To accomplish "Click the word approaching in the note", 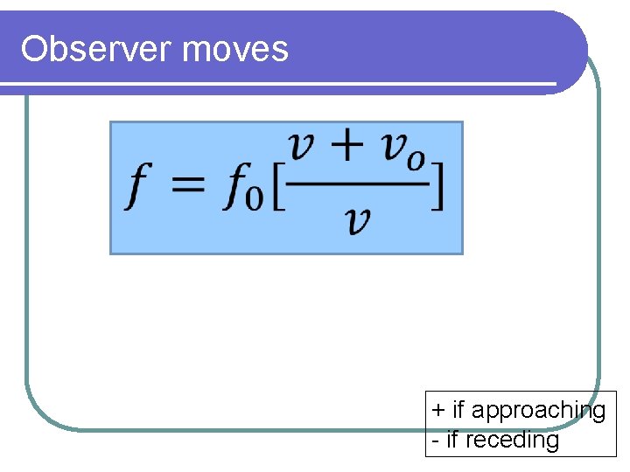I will (x=538, y=411).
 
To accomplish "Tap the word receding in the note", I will (x=512, y=440).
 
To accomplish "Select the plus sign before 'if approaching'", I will (x=437, y=410).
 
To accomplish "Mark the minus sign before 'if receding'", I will (x=435, y=440).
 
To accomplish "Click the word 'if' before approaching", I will (x=458, y=410).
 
